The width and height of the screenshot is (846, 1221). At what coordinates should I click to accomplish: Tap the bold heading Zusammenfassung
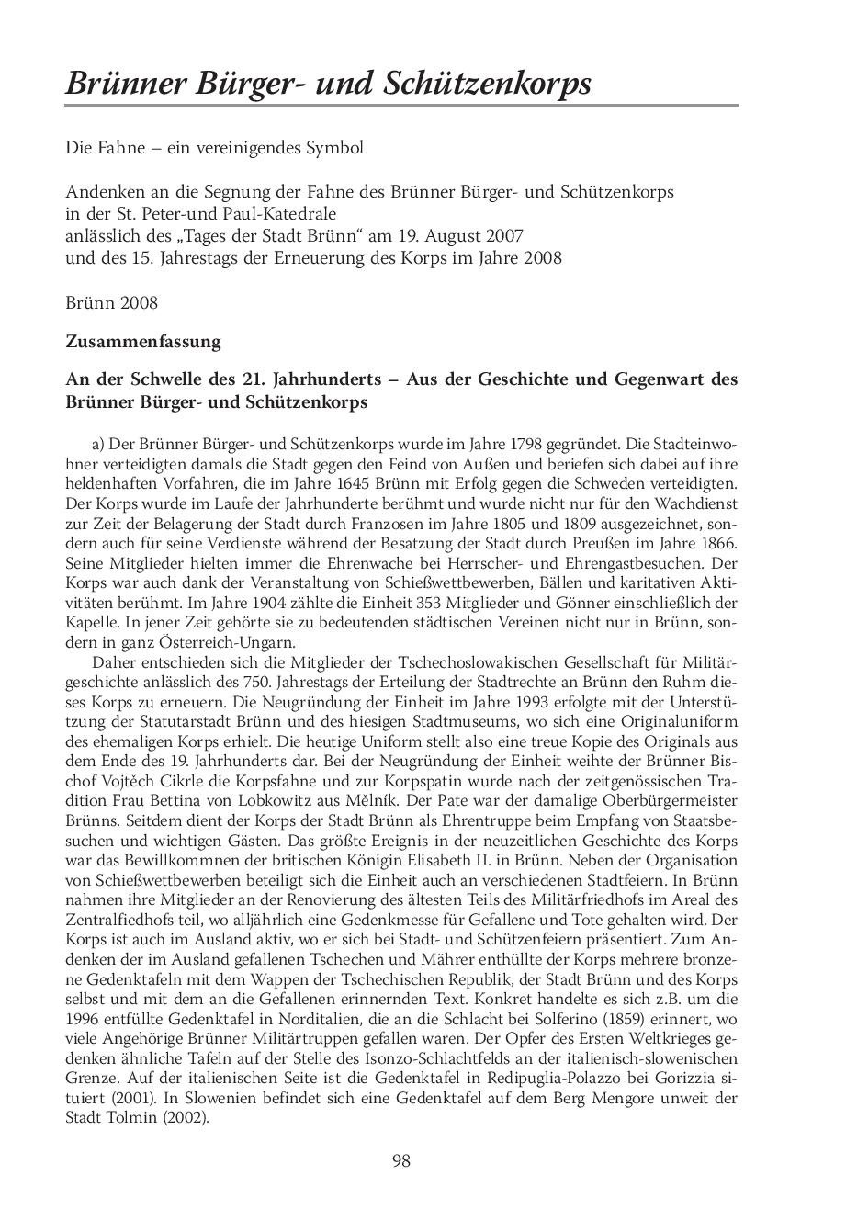pos(143,342)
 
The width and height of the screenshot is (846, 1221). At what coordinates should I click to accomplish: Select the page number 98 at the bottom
pos(401,1161)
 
